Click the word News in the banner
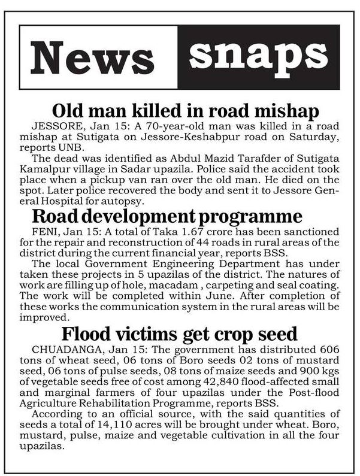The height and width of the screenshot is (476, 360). pos(92,57)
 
